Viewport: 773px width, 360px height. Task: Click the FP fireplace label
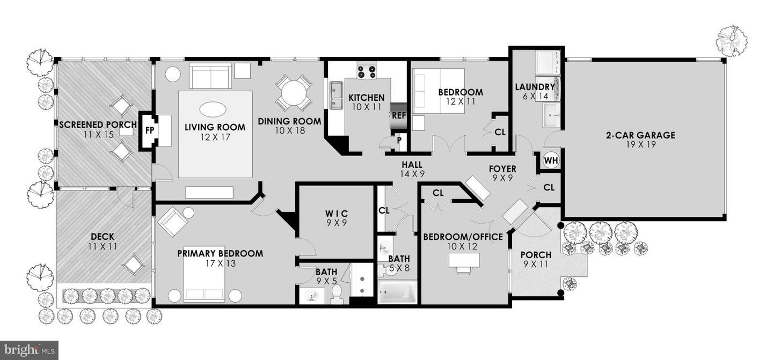click(149, 130)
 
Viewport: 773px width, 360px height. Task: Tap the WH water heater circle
click(551, 160)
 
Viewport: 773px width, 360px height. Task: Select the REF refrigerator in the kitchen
click(398, 116)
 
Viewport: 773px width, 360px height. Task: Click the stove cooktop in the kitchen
click(367, 72)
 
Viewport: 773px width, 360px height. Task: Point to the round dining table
click(294, 92)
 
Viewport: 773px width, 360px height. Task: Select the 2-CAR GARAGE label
click(640, 135)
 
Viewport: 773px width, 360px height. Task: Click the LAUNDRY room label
click(535, 87)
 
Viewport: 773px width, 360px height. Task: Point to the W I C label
click(337, 214)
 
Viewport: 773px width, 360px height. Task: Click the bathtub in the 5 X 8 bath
click(397, 292)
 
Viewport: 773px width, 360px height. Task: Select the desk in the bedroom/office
click(464, 260)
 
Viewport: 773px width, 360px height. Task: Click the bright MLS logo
click(29, 350)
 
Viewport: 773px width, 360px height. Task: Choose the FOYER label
click(502, 169)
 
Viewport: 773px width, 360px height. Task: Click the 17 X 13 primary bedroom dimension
click(220, 263)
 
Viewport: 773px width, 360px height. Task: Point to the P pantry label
click(399, 141)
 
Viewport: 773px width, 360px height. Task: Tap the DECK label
click(103, 237)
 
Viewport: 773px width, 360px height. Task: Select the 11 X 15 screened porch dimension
click(98, 135)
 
